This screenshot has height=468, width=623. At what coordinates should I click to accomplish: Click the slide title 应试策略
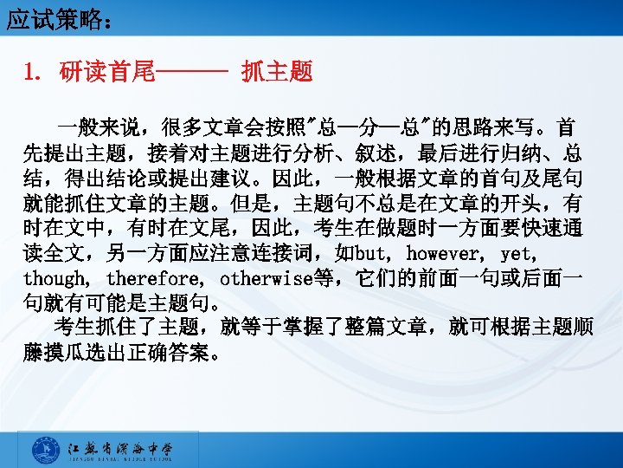click(x=52, y=18)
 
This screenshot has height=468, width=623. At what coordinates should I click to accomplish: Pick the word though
click(x=54, y=280)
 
